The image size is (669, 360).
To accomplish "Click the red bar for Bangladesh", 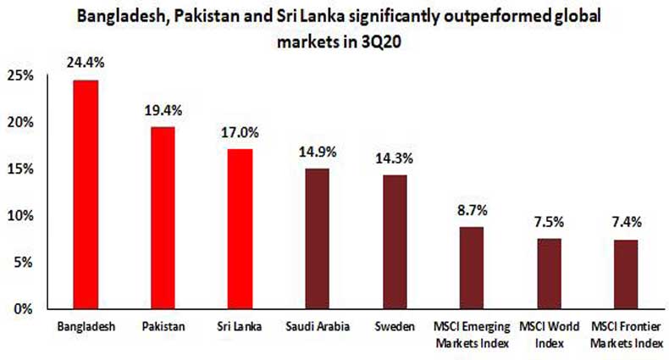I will (86, 194).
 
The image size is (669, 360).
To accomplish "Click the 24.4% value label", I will (86, 63).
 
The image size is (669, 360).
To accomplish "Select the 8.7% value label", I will (472, 210).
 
